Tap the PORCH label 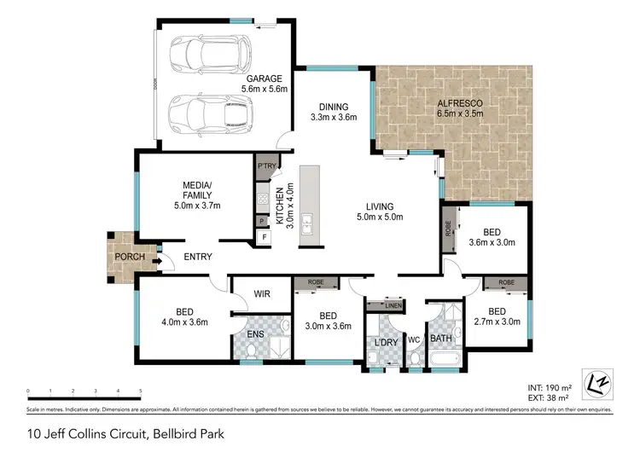(119, 257)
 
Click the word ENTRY (197, 257)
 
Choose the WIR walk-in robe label (263, 294)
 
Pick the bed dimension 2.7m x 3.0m (496, 322)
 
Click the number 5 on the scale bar (140, 391)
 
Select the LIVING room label (380, 207)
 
